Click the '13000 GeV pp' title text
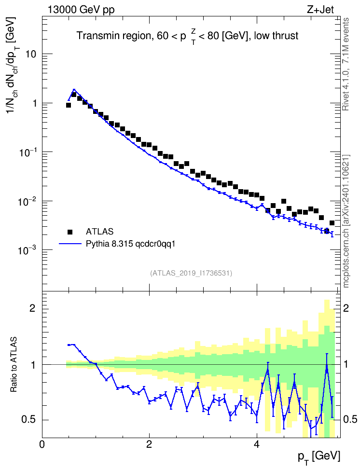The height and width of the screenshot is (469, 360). click(x=81, y=10)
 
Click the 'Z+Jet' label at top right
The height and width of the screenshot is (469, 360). click(x=320, y=10)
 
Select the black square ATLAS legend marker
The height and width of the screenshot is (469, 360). click(x=70, y=232)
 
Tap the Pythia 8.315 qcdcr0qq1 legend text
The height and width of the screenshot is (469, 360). click(x=130, y=244)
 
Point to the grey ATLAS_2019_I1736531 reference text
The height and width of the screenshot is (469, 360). click(x=191, y=273)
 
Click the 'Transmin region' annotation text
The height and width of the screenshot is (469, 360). click(x=114, y=36)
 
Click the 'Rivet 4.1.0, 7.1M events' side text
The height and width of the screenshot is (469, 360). click(x=346, y=64)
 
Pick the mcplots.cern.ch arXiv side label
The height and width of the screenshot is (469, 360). click(x=346, y=221)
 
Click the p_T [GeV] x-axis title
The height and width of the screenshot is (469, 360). click(x=319, y=457)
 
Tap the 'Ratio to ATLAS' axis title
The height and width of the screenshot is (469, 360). click(x=14, y=364)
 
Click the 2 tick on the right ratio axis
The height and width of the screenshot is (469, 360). click(x=346, y=308)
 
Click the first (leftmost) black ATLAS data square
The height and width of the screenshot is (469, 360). click(x=68, y=105)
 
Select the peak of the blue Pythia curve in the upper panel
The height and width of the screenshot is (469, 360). click(x=74, y=89)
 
